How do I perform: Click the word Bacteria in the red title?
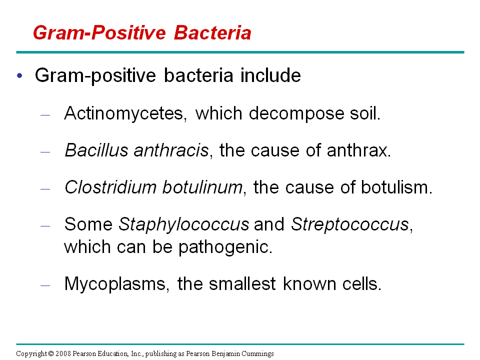212,33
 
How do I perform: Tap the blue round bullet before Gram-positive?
20,75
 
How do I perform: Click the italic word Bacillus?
96,150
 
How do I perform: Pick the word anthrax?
359,150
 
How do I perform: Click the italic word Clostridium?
110,187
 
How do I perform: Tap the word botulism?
396,187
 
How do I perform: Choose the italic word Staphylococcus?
183,224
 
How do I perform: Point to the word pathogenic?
225,247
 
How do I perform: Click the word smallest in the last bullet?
242,284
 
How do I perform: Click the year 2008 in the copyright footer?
63,354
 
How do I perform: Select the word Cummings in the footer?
257,354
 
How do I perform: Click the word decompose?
296,114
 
